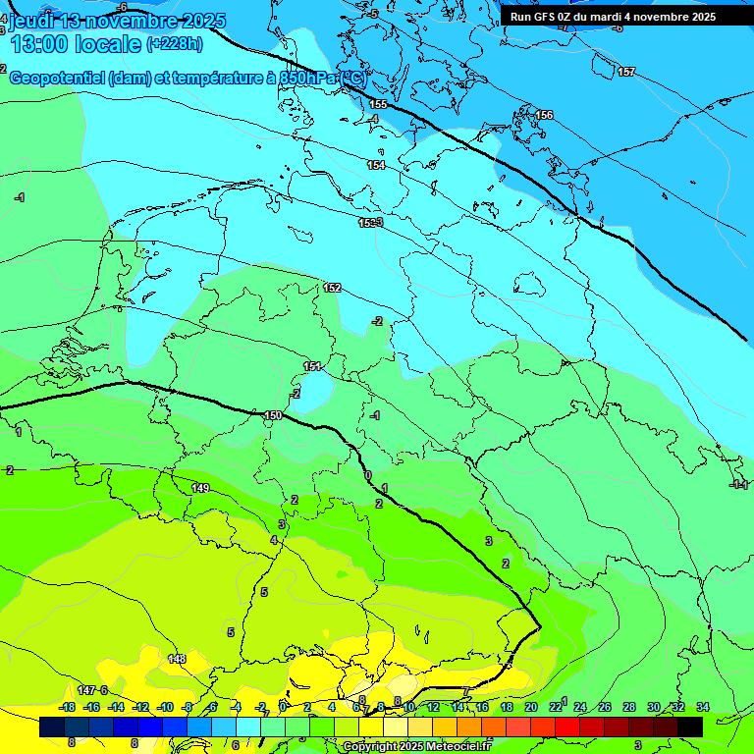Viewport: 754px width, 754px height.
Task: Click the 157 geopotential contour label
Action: [626, 72]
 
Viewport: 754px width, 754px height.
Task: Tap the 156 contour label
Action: [544, 115]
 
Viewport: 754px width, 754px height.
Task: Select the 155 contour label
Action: [378, 104]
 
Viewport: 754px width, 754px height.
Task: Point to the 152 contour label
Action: [332, 288]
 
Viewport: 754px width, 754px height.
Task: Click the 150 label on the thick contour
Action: [273, 416]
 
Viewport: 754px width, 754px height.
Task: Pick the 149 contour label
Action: [200, 488]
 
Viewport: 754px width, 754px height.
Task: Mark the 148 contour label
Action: [177, 658]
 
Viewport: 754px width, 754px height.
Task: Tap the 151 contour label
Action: [312, 366]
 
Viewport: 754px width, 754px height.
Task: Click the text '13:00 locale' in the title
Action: [76, 43]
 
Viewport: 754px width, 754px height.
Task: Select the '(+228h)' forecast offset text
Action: [175, 43]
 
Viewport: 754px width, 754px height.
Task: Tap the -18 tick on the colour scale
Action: [67, 707]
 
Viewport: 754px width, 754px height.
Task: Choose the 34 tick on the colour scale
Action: [703, 707]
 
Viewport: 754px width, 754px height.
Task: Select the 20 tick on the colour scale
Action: [531, 707]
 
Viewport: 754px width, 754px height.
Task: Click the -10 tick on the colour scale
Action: [165, 707]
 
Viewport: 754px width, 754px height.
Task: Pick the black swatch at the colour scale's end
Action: [690, 727]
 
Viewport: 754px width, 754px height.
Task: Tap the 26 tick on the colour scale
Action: [605, 707]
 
